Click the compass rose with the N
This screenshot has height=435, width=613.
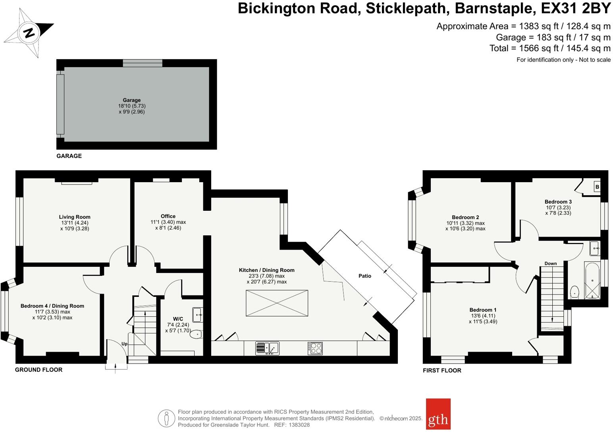click(29, 33)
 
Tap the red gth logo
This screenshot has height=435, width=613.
click(438, 414)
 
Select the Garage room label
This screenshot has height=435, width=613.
click(132, 100)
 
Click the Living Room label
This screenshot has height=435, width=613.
click(74, 217)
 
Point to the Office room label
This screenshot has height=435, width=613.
click(168, 216)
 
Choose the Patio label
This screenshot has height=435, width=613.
click(365, 276)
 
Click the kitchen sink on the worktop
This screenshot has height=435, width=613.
click(267, 348)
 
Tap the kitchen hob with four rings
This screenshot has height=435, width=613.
click(315, 348)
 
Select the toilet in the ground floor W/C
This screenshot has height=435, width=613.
click(196, 334)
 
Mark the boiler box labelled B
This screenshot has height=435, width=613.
click(598, 187)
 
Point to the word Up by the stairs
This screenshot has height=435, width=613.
click(125, 344)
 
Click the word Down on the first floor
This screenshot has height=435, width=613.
click(551, 264)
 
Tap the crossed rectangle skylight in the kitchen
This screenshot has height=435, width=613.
click(277, 303)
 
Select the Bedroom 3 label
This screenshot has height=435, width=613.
click(558, 202)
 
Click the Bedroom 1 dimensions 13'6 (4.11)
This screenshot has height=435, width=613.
click(483, 316)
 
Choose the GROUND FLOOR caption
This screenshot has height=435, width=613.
click(39, 370)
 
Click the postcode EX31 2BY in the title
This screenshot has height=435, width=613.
click(576, 8)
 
